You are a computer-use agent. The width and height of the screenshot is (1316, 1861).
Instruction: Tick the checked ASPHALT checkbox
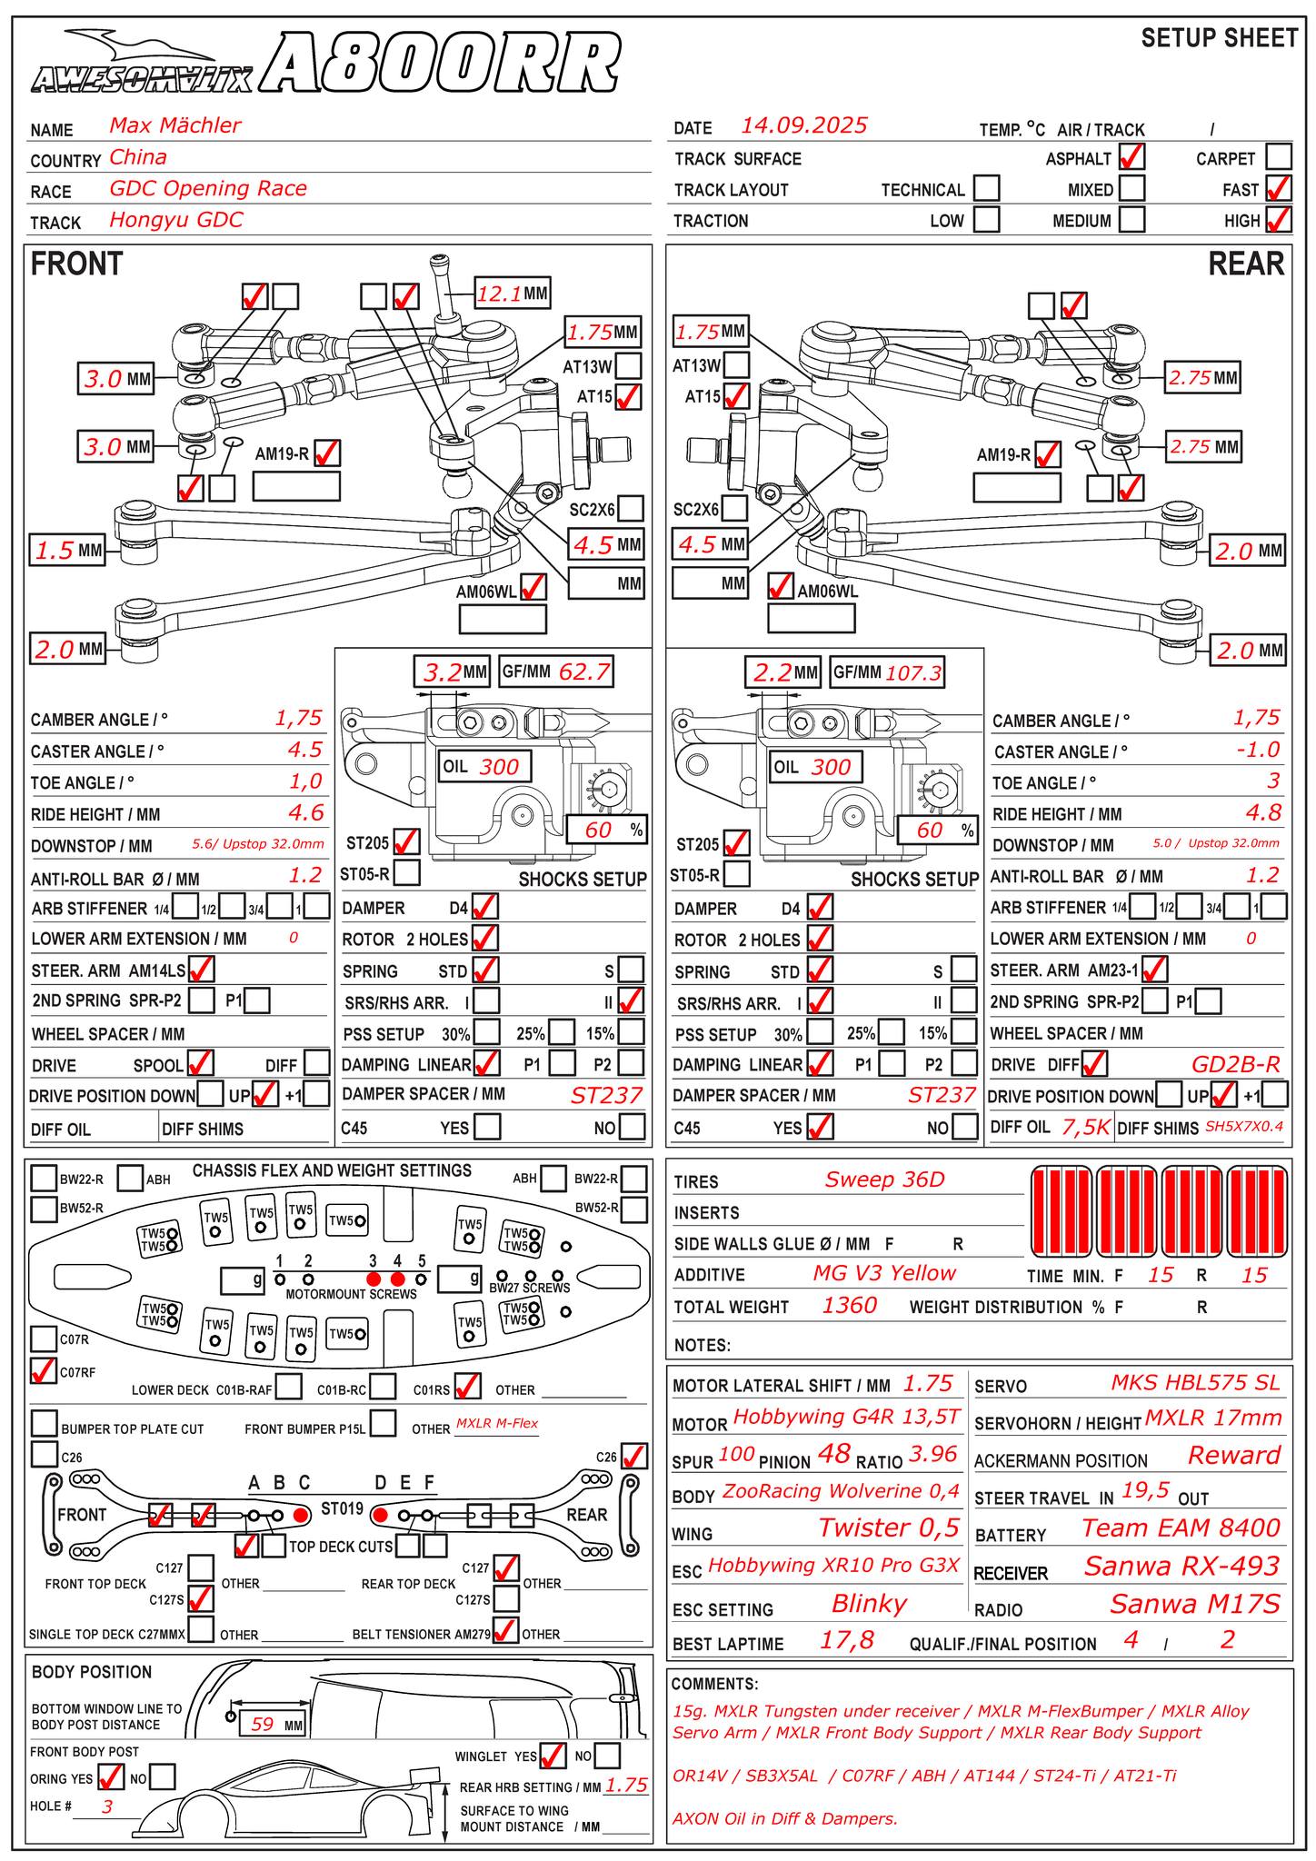point(1132,157)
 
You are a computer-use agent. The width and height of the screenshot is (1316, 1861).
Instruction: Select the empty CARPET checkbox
point(1278,157)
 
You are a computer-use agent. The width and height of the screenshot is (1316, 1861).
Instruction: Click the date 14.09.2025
point(803,125)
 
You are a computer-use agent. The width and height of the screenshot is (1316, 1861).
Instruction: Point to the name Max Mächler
point(174,125)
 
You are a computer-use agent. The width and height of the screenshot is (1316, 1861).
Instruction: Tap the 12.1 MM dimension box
point(513,294)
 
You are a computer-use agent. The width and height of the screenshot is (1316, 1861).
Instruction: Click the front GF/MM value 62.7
point(584,672)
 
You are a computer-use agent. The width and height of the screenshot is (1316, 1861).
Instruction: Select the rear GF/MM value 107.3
point(913,672)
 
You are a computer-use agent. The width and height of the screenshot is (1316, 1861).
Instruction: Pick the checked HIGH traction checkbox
point(1278,220)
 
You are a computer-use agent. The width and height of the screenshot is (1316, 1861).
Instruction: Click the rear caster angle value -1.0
point(1257,750)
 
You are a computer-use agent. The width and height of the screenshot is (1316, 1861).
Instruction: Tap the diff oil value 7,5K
point(1086,1128)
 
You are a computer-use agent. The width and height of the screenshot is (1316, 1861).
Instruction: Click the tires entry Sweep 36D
point(884,1179)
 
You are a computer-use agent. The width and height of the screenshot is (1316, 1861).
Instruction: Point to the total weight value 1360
point(849,1306)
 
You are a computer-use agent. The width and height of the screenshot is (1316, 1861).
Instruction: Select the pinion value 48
point(833,1454)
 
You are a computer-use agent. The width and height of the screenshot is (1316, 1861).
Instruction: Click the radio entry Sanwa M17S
point(1194,1604)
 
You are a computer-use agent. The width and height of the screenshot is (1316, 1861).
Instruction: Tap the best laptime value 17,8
point(846,1640)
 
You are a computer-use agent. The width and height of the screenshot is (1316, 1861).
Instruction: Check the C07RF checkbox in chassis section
point(43,1371)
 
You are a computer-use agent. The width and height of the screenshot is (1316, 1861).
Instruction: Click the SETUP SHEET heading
point(1219,38)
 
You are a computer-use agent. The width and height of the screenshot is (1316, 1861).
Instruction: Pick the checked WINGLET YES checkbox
point(552,1756)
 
